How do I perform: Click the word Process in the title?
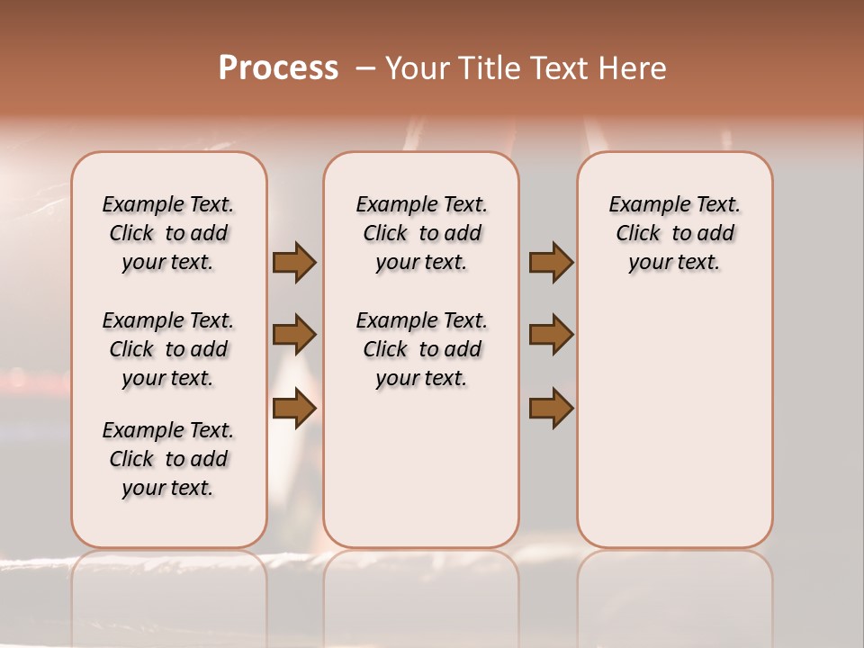278,68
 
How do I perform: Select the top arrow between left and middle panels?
294,262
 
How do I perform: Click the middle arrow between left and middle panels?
294,335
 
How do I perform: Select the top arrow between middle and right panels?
551,262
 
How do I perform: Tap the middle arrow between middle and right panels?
551,335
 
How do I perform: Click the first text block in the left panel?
168,233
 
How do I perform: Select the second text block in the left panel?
168,349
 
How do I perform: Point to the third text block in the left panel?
168,459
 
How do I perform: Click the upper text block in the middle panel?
421,233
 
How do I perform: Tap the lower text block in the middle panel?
421,349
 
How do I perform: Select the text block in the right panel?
675,233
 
